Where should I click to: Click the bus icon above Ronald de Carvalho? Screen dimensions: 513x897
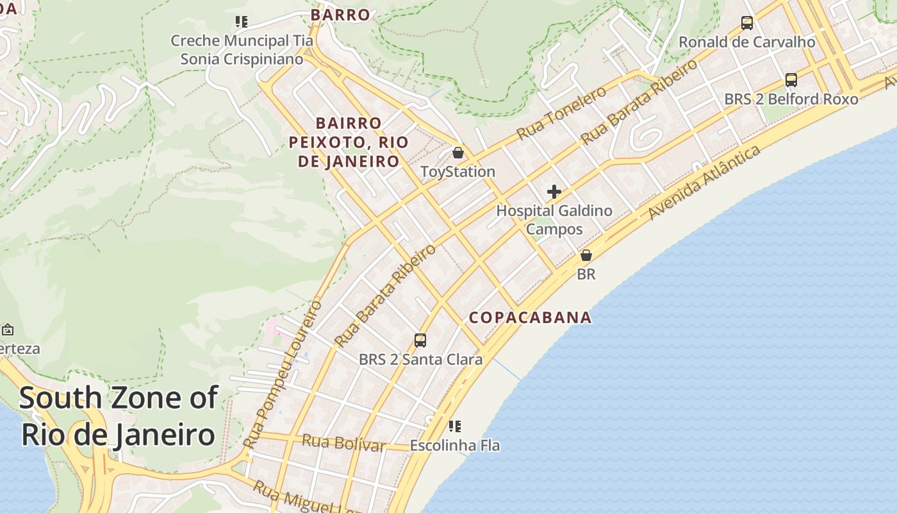(x=747, y=23)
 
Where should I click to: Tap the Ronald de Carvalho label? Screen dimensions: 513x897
(x=747, y=42)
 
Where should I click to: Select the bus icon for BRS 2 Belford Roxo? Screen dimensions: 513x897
(x=791, y=80)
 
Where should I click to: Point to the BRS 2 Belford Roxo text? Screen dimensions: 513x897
(x=791, y=99)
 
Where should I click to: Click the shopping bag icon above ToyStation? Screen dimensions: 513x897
(x=458, y=153)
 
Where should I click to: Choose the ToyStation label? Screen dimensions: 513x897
(x=458, y=172)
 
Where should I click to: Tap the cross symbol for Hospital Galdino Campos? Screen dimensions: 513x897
(x=554, y=192)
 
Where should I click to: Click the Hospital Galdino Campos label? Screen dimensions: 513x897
(x=554, y=219)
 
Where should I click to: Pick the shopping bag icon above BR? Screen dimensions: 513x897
(x=586, y=255)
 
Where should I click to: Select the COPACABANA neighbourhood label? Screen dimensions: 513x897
(x=531, y=317)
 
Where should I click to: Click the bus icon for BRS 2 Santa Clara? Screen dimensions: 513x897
(x=420, y=341)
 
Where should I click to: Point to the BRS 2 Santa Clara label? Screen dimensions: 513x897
(x=420, y=360)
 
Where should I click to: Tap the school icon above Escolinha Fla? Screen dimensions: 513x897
(x=455, y=426)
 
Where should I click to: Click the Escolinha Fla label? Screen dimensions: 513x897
(x=455, y=445)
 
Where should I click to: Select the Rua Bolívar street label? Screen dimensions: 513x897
(x=343, y=442)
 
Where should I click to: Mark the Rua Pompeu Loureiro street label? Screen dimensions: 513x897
(x=283, y=374)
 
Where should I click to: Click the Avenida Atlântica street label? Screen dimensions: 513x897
(x=705, y=183)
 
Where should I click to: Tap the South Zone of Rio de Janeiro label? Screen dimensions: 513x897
(x=119, y=416)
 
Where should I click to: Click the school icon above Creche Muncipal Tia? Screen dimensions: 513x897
(x=242, y=22)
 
